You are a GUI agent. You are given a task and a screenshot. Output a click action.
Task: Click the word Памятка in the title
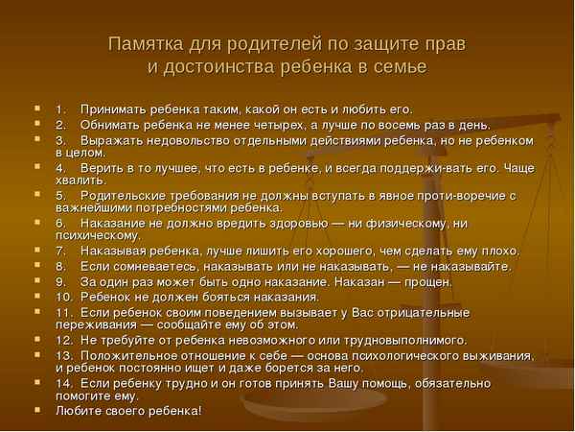click(x=143, y=43)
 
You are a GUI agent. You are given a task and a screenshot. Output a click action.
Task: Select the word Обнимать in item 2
click(x=109, y=125)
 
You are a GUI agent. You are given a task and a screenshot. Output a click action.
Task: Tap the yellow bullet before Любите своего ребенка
click(x=36, y=411)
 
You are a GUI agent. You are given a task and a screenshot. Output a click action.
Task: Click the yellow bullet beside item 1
click(x=36, y=108)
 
